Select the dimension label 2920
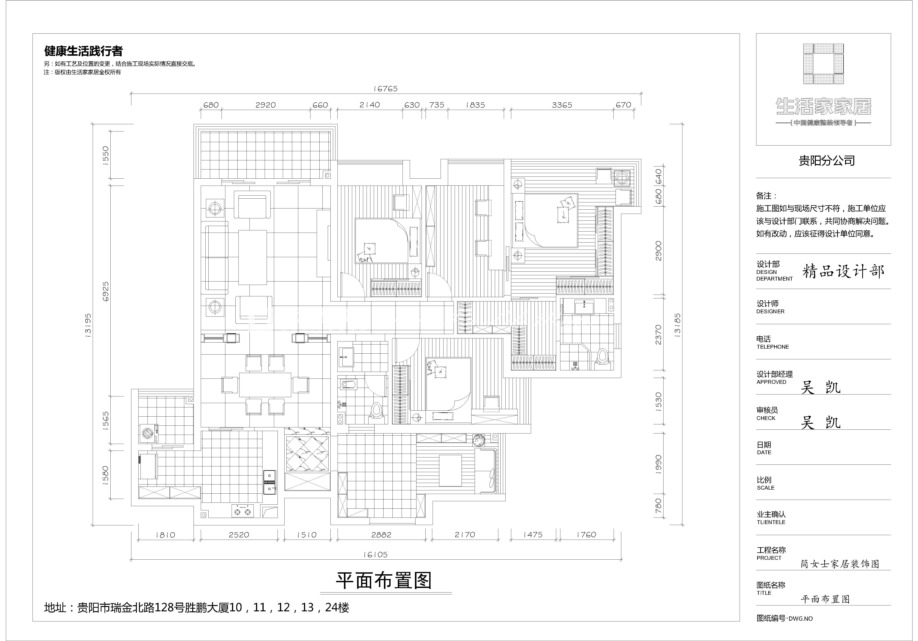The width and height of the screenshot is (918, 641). click(266, 105)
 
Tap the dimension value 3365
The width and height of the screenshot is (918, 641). click(562, 105)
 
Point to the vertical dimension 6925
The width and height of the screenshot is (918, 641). click(106, 291)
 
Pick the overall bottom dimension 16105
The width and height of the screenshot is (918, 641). click(375, 555)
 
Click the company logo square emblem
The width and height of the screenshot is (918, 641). click(823, 64)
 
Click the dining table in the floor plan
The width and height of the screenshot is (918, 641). click(266, 385)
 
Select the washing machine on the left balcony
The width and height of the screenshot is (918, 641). click(150, 434)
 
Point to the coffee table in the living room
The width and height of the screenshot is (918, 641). click(253, 257)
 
